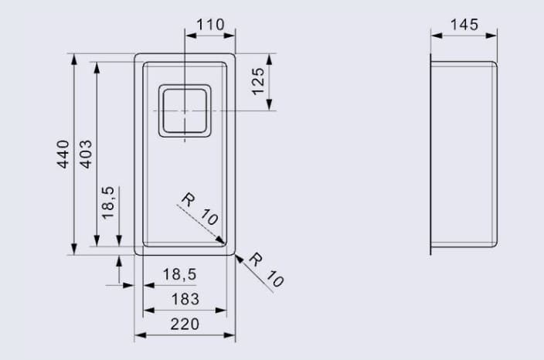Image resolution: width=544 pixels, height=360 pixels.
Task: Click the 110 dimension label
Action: tap(210, 25)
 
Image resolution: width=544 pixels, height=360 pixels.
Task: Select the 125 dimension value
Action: tap(259, 80)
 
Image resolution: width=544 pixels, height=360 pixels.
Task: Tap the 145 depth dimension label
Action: tap(464, 25)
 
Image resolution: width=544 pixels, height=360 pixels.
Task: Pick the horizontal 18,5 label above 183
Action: tap(179, 273)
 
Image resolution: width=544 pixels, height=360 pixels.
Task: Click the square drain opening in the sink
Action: tap(185, 111)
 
